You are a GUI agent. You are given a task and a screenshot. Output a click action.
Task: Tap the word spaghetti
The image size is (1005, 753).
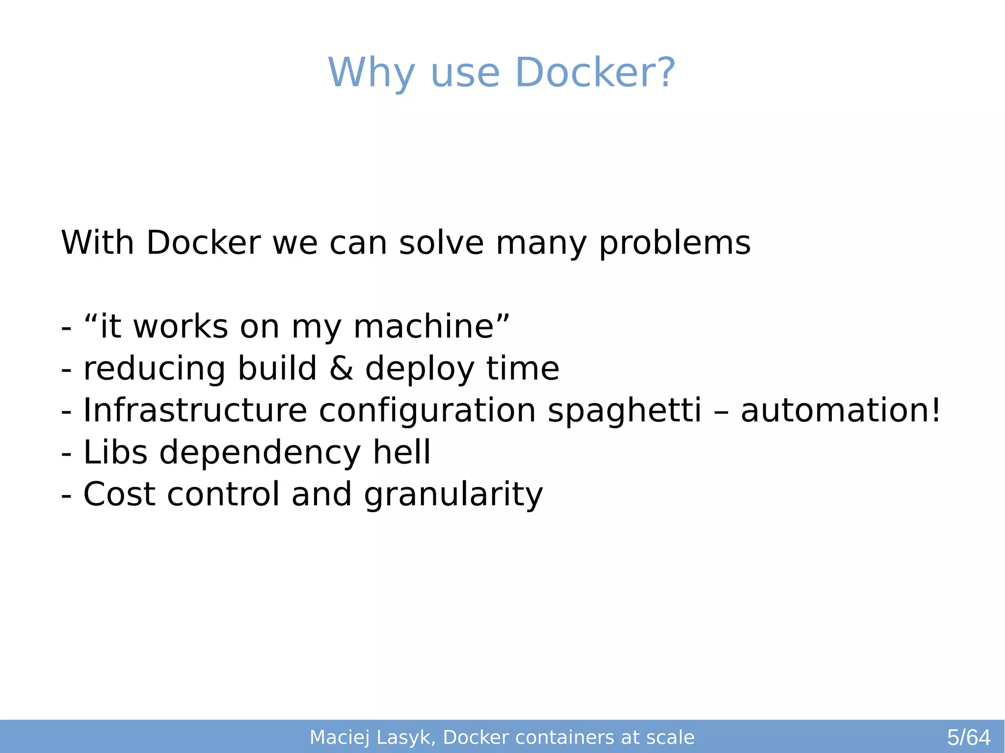[x=624, y=411]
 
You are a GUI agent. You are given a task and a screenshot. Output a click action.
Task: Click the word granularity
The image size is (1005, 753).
[x=453, y=494]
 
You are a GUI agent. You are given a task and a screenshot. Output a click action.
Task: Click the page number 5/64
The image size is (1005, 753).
[x=968, y=737]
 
